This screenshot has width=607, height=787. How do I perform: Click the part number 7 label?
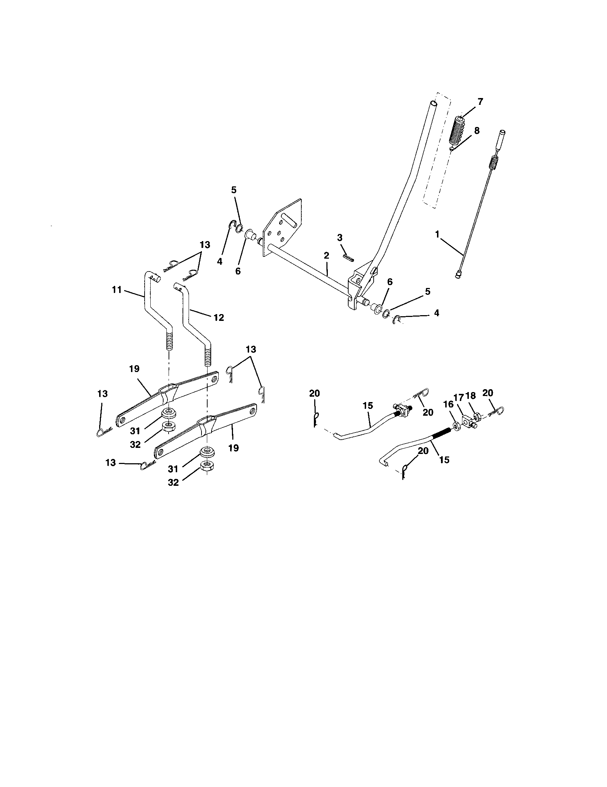(480, 102)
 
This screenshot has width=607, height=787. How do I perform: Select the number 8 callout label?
(476, 131)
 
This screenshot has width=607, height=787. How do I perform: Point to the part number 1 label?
(437, 234)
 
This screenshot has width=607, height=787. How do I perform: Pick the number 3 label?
(340, 238)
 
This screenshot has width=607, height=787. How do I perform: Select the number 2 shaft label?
(326, 256)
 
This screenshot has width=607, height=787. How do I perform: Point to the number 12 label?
(219, 317)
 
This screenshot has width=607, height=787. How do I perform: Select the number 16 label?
(448, 405)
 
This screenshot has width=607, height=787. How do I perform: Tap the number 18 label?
(471, 396)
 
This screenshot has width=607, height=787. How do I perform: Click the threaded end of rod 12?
(207, 356)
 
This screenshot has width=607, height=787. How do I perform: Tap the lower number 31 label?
(173, 469)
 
